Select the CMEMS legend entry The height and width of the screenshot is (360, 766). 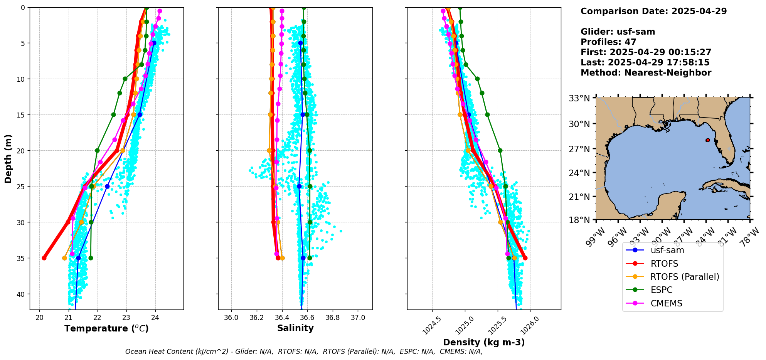tap(666, 303)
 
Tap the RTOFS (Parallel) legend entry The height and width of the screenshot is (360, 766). tap(684, 277)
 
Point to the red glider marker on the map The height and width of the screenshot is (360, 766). tap(708, 140)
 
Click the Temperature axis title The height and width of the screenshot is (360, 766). tap(106, 328)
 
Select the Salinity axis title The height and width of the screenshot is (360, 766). tap(295, 328)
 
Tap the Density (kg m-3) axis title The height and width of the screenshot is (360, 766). tap(484, 342)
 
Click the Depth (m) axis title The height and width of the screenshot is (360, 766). tap(8, 158)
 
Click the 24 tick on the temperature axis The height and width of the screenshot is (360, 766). tap(155, 318)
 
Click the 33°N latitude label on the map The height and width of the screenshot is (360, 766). tap(579, 98)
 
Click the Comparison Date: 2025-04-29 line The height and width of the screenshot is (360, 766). tap(653, 11)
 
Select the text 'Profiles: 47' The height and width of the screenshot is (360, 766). tap(608, 42)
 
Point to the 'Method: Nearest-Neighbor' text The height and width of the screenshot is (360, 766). tap(646, 73)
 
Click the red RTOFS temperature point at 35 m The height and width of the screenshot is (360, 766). tap(44, 258)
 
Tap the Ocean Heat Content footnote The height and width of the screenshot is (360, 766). tap(304, 352)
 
